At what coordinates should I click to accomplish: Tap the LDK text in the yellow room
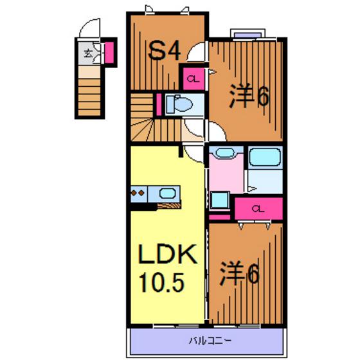click(168, 254)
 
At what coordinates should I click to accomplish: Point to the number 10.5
click(162, 283)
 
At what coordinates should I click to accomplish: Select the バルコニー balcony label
click(210, 341)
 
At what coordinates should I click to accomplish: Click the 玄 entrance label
click(89, 53)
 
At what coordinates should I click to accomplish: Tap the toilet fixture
click(179, 104)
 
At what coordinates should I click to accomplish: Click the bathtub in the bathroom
click(265, 157)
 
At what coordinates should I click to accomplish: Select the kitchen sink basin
click(167, 193)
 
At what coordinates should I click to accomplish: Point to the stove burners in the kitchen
click(138, 193)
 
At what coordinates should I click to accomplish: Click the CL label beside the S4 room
click(193, 79)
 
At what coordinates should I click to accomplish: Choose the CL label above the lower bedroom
click(258, 209)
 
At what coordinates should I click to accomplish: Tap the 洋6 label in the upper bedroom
click(249, 96)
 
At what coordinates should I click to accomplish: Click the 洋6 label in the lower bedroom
click(239, 273)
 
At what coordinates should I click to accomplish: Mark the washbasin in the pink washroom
click(226, 153)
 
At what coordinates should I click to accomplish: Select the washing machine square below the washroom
click(220, 200)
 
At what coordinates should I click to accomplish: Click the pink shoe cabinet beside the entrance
click(109, 52)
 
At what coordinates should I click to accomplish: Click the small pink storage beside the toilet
click(159, 104)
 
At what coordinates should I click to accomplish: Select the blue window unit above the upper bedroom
click(248, 35)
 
